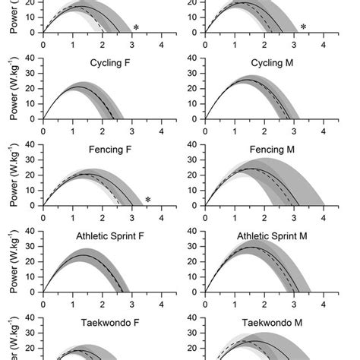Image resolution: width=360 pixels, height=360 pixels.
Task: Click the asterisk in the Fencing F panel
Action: tap(148, 201)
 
